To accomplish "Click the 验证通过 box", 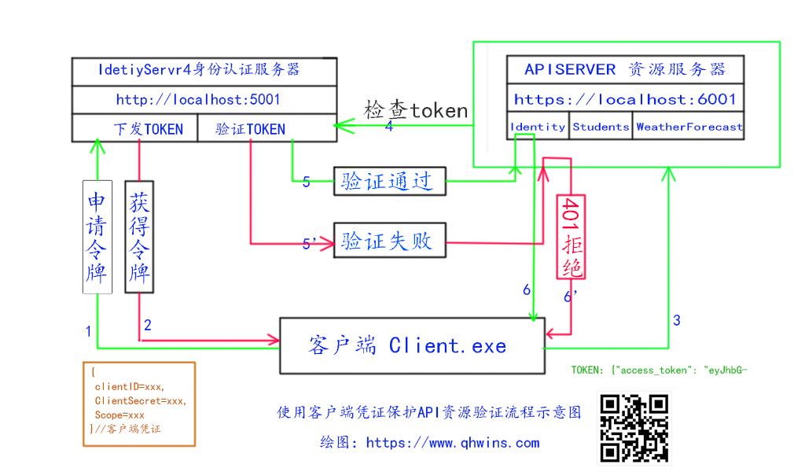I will click(x=388, y=181).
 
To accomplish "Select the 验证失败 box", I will click(x=388, y=240).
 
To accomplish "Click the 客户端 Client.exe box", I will click(x=412, y=345).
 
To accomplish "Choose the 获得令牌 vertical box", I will click(x=139, y=236).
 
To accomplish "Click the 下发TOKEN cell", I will click(x=148, y=129).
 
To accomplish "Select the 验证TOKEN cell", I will click(x=251, y=129).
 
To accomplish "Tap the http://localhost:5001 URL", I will click(x=198, y=100).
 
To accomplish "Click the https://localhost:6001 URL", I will click(x=625, y=99).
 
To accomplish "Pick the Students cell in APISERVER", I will click(x=601, y=127).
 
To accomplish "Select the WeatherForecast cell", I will click(x=689, y=127).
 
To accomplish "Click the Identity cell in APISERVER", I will click(x=538, y=127).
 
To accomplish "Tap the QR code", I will click(x=634, y=428).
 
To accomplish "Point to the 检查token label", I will click(x=416, y=110).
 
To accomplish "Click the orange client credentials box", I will click(x=139, y=404).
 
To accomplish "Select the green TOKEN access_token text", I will click(x=659, y=369).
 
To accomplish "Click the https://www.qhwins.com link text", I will click(x=453, y=442).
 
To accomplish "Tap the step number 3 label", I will click(x=676, y=320).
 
